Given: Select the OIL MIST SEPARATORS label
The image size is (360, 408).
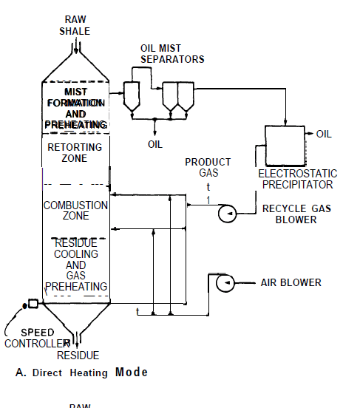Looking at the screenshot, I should coord(172,53).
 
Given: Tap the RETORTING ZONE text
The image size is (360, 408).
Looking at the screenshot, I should coord(75,152).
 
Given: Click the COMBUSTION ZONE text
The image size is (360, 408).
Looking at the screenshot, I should coord(75,211).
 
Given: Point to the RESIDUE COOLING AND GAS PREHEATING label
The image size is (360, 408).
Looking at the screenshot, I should coord(75,265).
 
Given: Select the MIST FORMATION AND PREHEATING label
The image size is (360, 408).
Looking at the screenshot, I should coord(75,109).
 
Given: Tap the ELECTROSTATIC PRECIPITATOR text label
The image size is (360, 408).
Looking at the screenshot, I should coord(296,179).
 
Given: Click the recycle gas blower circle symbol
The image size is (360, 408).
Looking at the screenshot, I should coord(226,214).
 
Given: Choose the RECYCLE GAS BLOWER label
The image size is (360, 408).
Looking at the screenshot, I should coord(296,214).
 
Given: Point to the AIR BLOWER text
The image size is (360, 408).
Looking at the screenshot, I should coord(291,282).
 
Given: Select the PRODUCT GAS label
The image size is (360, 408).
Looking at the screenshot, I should coord(208,167).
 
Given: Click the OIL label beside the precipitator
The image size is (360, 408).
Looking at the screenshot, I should coord(324,134).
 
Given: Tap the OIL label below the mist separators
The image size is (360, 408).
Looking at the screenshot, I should coord(154,144).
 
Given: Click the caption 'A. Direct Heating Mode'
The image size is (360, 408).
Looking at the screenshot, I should coord(81,373).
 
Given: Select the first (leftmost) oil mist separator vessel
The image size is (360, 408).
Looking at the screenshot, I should coord(131,94).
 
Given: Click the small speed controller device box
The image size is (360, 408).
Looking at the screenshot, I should coord(32,304).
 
